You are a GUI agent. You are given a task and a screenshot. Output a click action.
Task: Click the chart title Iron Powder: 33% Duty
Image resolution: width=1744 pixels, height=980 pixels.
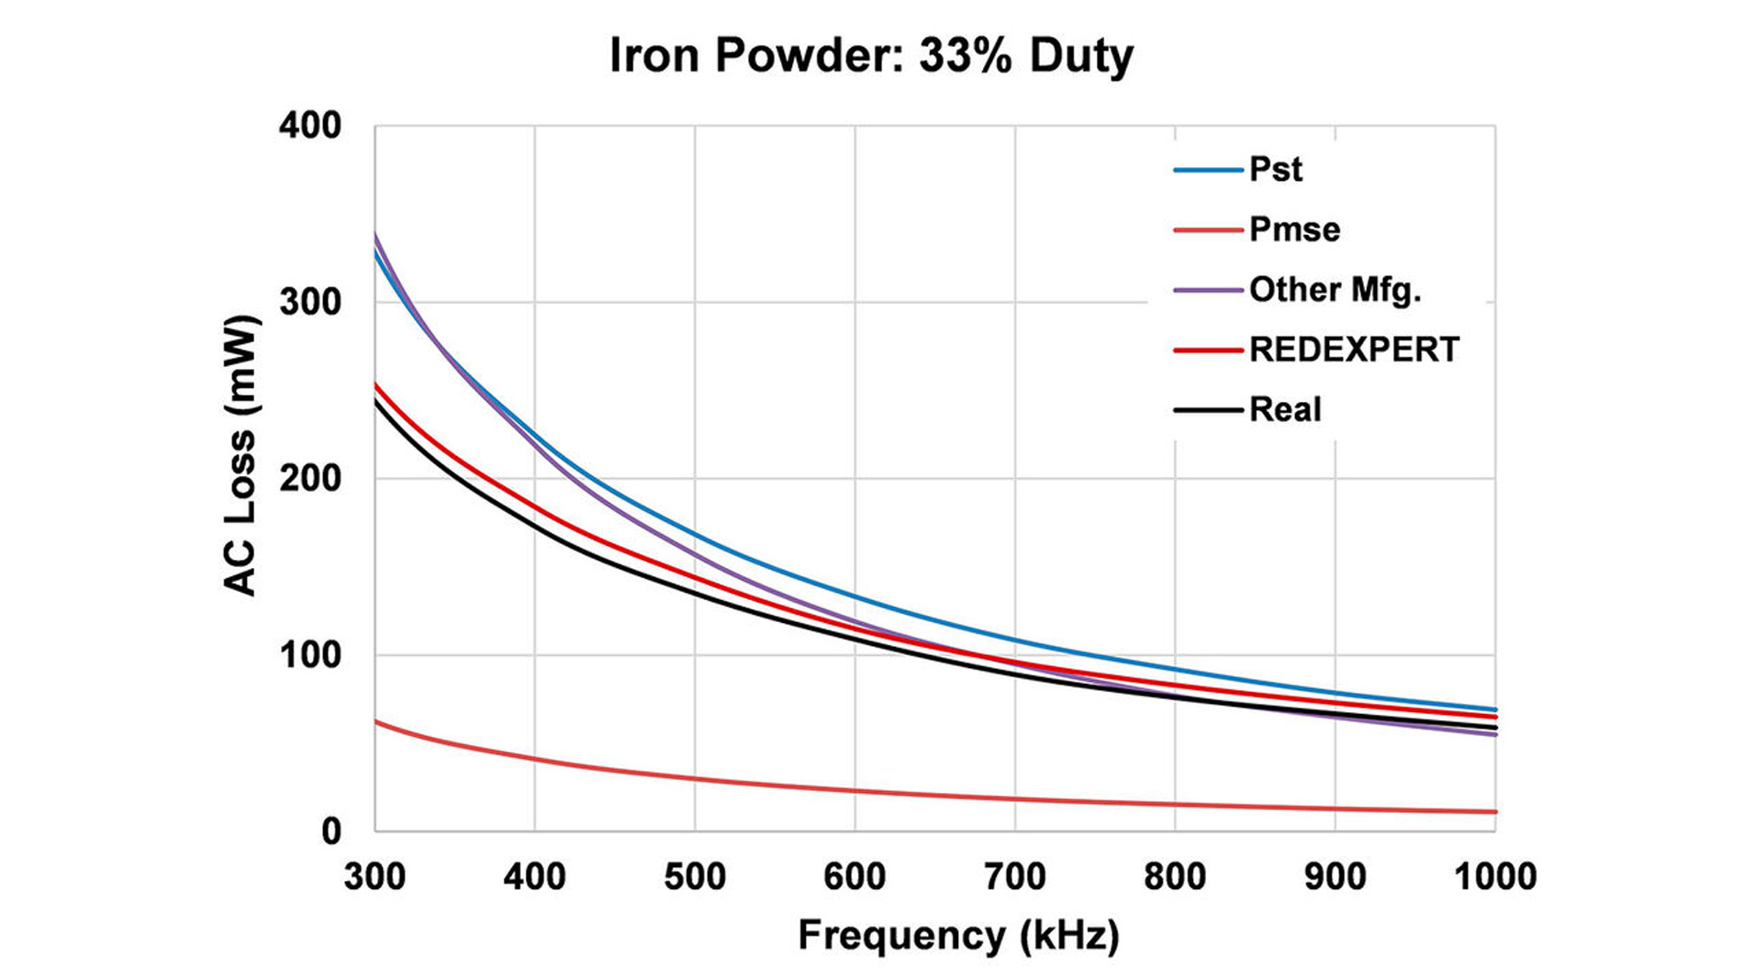coord(871,55)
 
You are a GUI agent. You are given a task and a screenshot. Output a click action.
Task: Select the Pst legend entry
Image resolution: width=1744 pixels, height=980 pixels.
coord(1275,170)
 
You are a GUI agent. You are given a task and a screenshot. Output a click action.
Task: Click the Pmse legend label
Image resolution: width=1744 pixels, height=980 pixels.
coord(1294,229)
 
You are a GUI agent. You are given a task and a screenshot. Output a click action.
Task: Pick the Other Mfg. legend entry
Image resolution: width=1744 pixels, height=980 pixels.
coord(1335,290)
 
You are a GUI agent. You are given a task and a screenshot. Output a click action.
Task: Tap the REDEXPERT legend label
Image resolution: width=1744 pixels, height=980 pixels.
coord(1354,350)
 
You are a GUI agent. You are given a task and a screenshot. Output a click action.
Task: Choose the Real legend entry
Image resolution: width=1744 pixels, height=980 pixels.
coord(1285,409)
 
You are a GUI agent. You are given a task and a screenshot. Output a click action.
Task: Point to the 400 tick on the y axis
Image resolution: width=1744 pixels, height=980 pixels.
coord(310,126)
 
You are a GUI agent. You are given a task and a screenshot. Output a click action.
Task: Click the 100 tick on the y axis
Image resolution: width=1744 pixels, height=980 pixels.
coord(310,655)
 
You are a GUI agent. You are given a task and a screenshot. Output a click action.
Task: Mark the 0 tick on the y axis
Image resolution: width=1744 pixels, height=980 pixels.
coord(330,831)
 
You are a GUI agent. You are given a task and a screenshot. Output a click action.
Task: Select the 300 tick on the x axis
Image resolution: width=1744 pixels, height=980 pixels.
coord(375,876)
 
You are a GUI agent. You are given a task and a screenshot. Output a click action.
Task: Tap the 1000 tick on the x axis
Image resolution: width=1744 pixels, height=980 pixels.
coord(1495,876)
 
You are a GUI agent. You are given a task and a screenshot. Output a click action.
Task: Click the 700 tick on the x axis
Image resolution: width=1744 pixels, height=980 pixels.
coord(1014,876)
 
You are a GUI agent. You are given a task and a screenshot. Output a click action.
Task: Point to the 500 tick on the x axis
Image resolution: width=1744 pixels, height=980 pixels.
coord(695,876)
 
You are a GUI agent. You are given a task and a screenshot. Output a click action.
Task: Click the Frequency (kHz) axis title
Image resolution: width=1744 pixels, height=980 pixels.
coord(958,936)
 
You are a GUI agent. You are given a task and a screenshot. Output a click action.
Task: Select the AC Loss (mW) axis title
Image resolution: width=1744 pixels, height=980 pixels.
coord(240,456)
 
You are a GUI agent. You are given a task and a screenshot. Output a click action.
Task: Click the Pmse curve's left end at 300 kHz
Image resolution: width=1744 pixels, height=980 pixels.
coord(376,722)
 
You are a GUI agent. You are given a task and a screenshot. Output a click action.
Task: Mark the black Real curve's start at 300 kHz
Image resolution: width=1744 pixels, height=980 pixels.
coord(376,402)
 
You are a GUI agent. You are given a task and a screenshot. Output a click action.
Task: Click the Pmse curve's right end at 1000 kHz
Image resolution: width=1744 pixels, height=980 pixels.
coord(1494,811)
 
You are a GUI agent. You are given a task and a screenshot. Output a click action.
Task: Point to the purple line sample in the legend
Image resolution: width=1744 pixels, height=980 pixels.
coord(1208,290)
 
